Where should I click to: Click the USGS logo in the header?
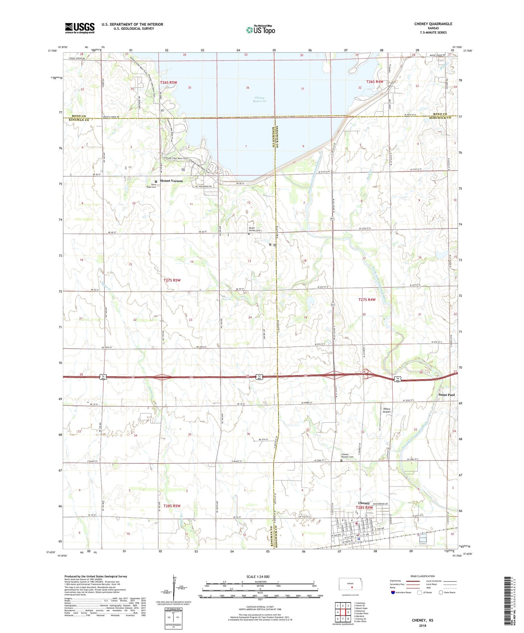(x=79, y=28)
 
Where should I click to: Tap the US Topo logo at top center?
(x=260, y=30)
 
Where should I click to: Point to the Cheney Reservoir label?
(x=260, y=99)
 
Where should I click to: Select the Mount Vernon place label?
(x=171, y=181)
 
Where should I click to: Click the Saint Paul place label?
(x=446, y=394)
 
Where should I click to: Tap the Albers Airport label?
(x=387, y=410)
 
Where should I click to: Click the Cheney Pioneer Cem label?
(x=347, y=456)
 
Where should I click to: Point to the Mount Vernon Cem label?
(x=254, y=229)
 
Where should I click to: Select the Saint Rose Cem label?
(x=151, y=186)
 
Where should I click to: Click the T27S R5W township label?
(x=172, y=280)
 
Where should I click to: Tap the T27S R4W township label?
(x=367, y=299)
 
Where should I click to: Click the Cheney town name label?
(x=364, y=503)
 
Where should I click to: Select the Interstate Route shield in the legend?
(x=393, y=592)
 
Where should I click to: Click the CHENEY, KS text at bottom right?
(x=422, y=620)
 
